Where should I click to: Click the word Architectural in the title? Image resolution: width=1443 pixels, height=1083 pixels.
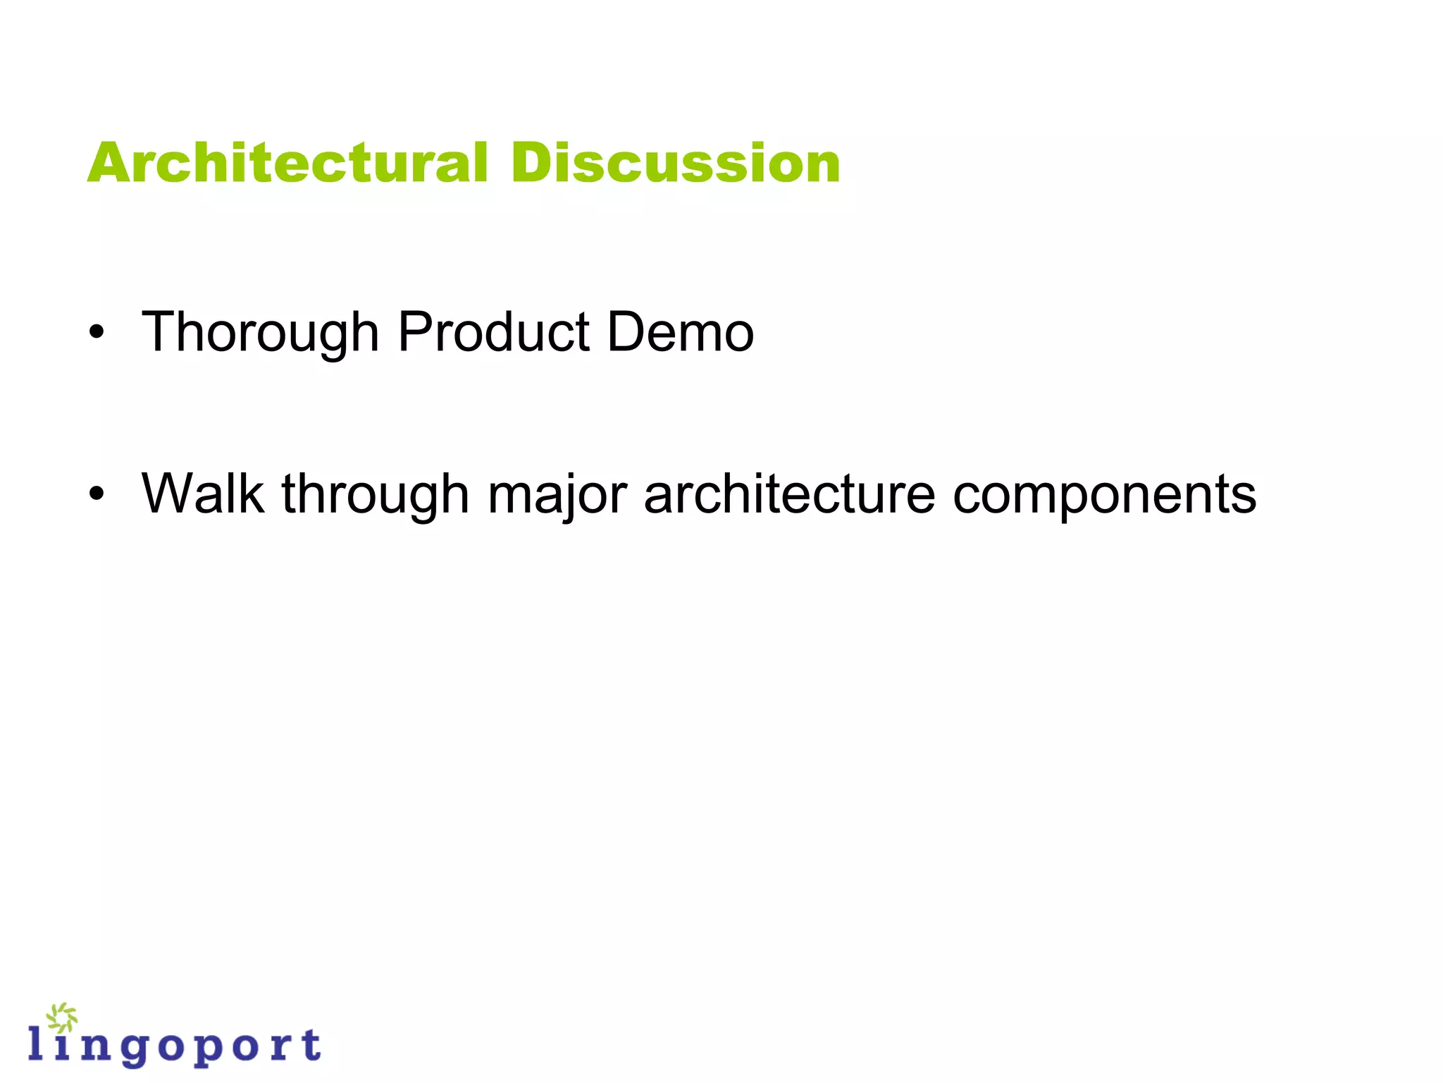287,163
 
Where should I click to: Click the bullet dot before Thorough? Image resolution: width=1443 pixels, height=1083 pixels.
97,332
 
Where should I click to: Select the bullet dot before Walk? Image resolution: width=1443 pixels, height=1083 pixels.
97,494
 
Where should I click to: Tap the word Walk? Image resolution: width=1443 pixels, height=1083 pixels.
203,493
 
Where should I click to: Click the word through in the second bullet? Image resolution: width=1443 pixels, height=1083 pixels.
375,493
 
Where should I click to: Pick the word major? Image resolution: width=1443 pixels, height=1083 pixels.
557,493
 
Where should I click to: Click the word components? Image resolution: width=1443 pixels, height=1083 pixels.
1104,493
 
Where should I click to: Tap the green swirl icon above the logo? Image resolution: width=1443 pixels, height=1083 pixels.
62,1017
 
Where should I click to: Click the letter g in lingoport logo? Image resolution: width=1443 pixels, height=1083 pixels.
132,1049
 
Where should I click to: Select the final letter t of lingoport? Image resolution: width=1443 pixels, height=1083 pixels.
310,1044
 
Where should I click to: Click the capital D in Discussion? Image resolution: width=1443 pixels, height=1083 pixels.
533,163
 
